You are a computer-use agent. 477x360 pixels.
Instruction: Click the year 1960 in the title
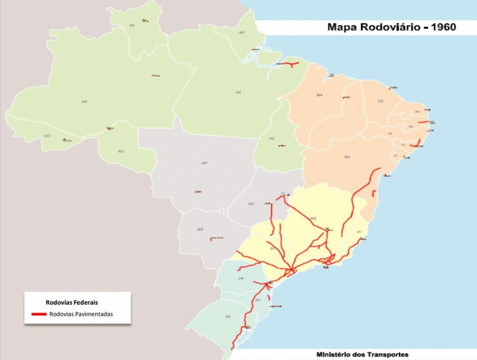click(440, 27)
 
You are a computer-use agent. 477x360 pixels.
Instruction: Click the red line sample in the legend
click(39, 314)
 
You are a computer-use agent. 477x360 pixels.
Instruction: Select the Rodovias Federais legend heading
click(71, 302)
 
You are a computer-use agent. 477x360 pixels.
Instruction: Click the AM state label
click(84, 102)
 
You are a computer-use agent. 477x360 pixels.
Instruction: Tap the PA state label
click(238, 92)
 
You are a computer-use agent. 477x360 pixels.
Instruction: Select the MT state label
click(205, 163)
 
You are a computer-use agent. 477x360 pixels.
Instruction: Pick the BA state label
click(347, 157)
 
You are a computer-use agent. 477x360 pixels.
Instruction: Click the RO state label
click(121, 151)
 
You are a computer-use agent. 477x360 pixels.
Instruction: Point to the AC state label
click(47, 136)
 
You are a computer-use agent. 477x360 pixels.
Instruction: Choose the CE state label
click(380, 101)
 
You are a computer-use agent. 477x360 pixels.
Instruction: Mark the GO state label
click(251, 203)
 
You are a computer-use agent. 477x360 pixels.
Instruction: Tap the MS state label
click(200, 229)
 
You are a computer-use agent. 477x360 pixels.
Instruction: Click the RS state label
click(228, 317)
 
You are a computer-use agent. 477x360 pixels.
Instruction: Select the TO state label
click(272, 138)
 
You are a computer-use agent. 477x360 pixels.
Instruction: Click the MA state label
click(319, 95)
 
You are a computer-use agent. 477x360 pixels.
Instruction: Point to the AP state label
click(242, 33)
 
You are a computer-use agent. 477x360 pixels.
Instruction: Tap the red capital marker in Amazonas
click(153, 75)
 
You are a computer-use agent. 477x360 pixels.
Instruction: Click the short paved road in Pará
click(288, 65)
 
